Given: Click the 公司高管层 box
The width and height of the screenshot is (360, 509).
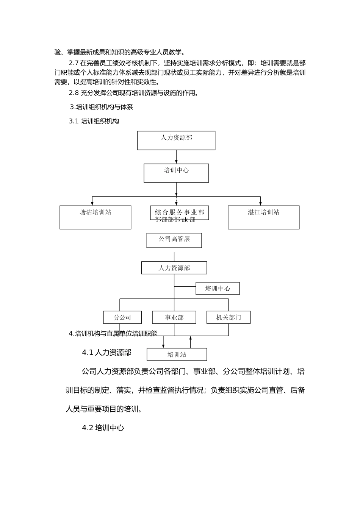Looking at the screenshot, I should [174, 240].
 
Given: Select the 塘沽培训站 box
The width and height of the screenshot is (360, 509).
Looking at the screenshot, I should [95, 217].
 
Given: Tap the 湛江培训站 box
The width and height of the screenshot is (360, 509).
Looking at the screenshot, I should [263, 217].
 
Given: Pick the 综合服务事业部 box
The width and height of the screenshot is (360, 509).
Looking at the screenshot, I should [179, 212].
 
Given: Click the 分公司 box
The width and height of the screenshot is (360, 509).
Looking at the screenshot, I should [122, 317].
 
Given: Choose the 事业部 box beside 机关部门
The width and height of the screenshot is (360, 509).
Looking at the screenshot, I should [174, 317].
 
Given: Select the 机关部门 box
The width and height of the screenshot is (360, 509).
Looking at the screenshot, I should [229, 317].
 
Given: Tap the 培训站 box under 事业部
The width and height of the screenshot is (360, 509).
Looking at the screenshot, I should [177, 354].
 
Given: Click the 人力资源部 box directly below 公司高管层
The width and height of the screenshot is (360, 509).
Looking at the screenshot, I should [174, 268].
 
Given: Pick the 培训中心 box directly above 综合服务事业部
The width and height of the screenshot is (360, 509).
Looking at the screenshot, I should [176, 173].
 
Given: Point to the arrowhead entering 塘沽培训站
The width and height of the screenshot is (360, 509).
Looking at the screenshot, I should [92, 203].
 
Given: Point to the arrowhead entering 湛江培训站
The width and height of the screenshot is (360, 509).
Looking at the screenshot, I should [260, 203].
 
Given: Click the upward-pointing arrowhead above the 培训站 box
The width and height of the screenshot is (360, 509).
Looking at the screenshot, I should [191, 338].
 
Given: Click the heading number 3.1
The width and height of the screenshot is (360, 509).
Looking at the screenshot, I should [74, 121].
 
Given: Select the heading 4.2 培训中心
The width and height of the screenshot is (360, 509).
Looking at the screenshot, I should [103, 428].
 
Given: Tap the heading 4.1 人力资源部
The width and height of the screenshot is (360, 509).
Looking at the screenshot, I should [107, 352].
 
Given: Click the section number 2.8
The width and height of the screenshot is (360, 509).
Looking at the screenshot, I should [74, 93].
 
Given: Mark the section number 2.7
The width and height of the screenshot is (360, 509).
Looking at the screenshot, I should [74, 63].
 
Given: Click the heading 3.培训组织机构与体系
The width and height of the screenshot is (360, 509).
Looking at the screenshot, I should [102, 107].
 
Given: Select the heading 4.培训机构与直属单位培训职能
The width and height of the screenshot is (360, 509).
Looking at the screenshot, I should [113, 334].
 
